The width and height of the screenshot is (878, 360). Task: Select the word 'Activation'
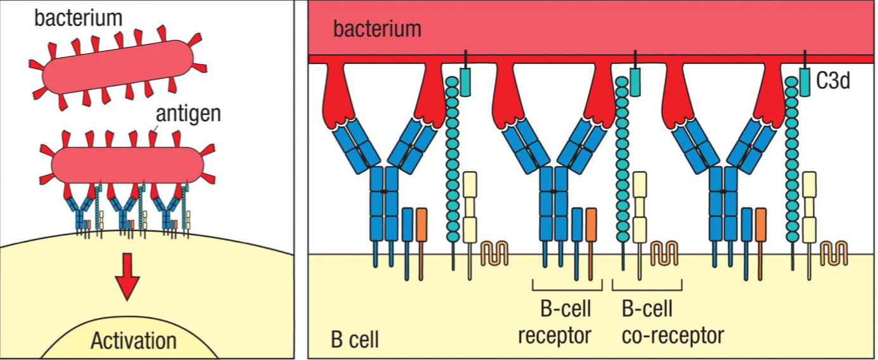point(133,340)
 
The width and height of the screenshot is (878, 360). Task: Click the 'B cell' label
point(354,339)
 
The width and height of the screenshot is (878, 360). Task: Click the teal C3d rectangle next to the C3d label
point(805,82)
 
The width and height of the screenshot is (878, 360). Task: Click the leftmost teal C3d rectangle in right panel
point(465,82)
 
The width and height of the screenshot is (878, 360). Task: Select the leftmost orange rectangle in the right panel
point(422,224)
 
